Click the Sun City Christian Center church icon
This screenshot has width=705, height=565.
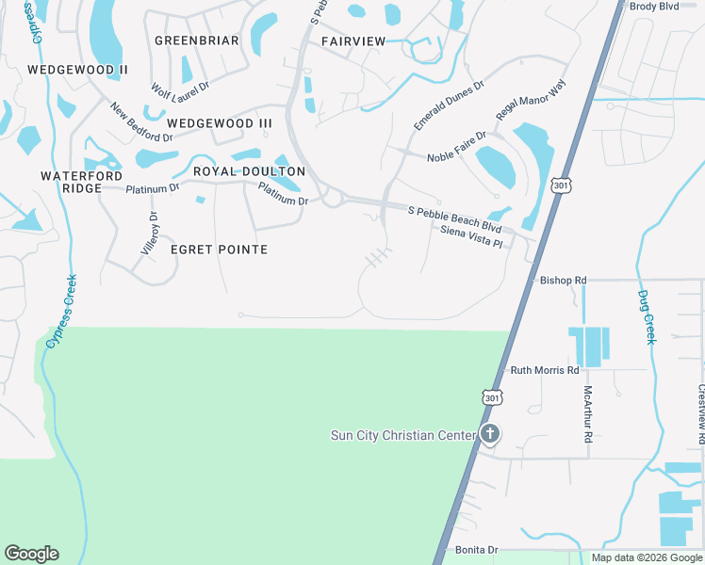[x=489, y=434]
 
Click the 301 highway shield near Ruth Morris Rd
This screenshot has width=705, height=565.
[x=491, y=397]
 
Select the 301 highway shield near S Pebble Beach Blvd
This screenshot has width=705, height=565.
[x=562, y=186]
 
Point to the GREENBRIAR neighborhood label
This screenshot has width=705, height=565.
[x=196, y=41]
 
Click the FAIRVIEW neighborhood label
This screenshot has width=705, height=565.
[x=353, y=41]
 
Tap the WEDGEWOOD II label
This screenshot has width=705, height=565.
[x=77, y=70]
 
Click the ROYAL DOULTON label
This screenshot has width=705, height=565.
[x=249, y=171]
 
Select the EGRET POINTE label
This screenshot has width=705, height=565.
[x=219, y=250]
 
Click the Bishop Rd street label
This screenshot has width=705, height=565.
[x=563, y=281]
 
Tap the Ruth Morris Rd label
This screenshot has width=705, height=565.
[x=544, y=370]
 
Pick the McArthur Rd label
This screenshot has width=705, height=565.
[x=588, y=413]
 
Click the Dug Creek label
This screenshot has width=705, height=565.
[x=647, y=317]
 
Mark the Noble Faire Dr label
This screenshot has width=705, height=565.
[x=456, y=146]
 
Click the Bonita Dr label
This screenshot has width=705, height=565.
[x=476, y=550]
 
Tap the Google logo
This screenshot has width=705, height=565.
[x=31, y=554]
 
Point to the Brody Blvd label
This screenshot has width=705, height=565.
[x=654, y=7]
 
